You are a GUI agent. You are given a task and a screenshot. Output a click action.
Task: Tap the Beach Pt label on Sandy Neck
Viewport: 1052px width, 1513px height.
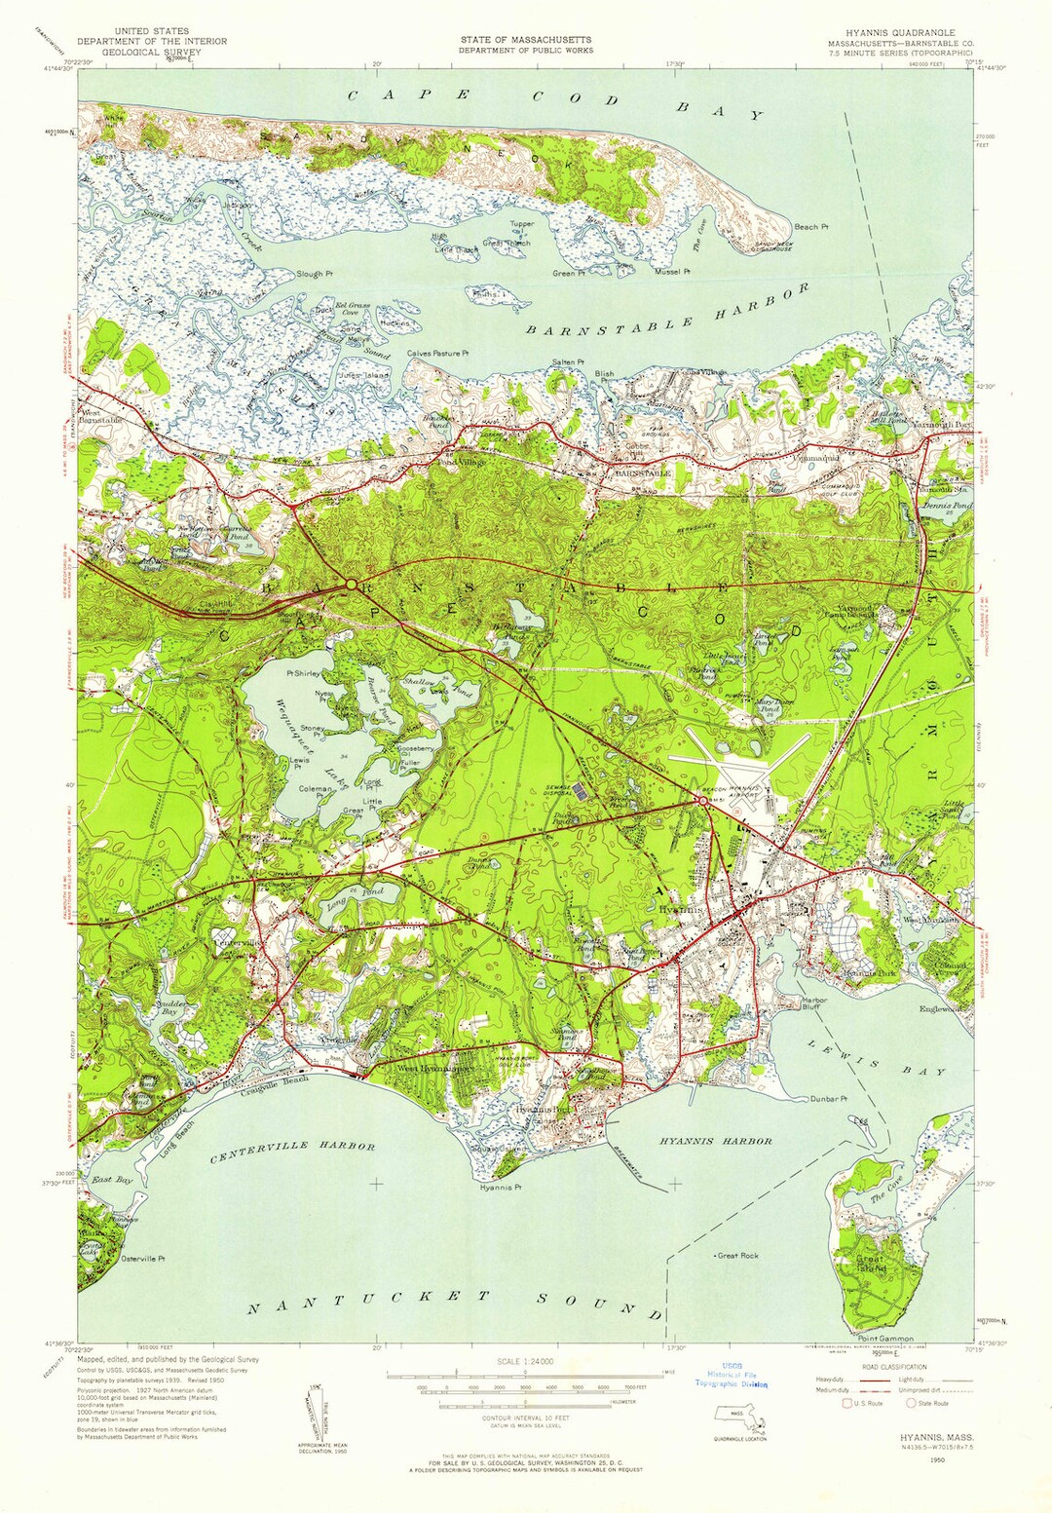(x=810, y=227)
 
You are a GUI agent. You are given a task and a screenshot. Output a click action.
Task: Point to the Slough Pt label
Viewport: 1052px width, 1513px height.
(x=315, y=275)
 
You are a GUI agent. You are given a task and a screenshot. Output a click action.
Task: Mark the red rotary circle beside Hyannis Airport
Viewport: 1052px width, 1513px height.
(x=701, y=800)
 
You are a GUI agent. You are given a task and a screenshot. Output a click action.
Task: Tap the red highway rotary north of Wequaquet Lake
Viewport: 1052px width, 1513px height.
(x=349, y=585)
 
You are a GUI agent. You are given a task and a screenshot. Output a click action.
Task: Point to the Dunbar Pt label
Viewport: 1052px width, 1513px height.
(x=828, y=1099)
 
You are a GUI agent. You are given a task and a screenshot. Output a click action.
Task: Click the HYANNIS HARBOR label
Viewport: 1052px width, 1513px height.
(x=715, y=1141)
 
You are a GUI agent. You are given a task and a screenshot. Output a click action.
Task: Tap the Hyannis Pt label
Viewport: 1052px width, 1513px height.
(x=501, y=1188)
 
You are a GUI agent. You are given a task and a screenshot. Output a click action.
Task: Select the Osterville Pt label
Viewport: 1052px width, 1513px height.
(x=142, y=1259)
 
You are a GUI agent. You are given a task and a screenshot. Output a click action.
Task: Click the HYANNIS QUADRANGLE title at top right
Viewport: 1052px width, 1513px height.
(x=905, y=32)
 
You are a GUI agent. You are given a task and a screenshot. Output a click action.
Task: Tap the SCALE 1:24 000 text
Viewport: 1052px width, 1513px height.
(x=525, y=1361)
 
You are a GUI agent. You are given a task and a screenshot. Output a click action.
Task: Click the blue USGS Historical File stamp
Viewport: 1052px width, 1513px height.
(x=731, y=1375)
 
